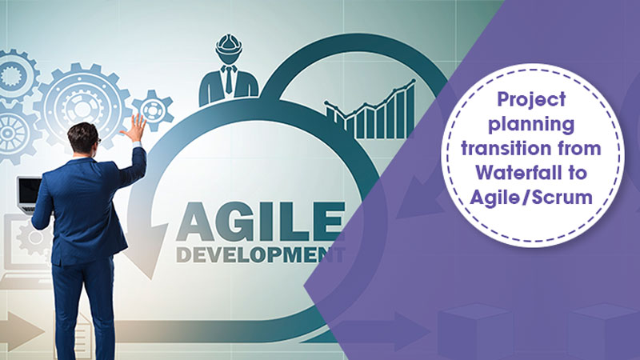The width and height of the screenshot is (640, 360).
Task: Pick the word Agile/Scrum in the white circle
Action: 531,197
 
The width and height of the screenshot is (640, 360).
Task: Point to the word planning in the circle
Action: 531,125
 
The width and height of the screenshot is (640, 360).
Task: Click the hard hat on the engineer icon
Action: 229,45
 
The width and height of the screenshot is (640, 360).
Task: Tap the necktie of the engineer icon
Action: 229,80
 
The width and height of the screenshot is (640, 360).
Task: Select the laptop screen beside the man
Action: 29,191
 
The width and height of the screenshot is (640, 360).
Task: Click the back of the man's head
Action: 83,138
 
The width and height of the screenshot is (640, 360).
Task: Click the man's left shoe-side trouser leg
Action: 66,310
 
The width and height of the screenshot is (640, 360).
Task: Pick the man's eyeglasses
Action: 98,142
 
